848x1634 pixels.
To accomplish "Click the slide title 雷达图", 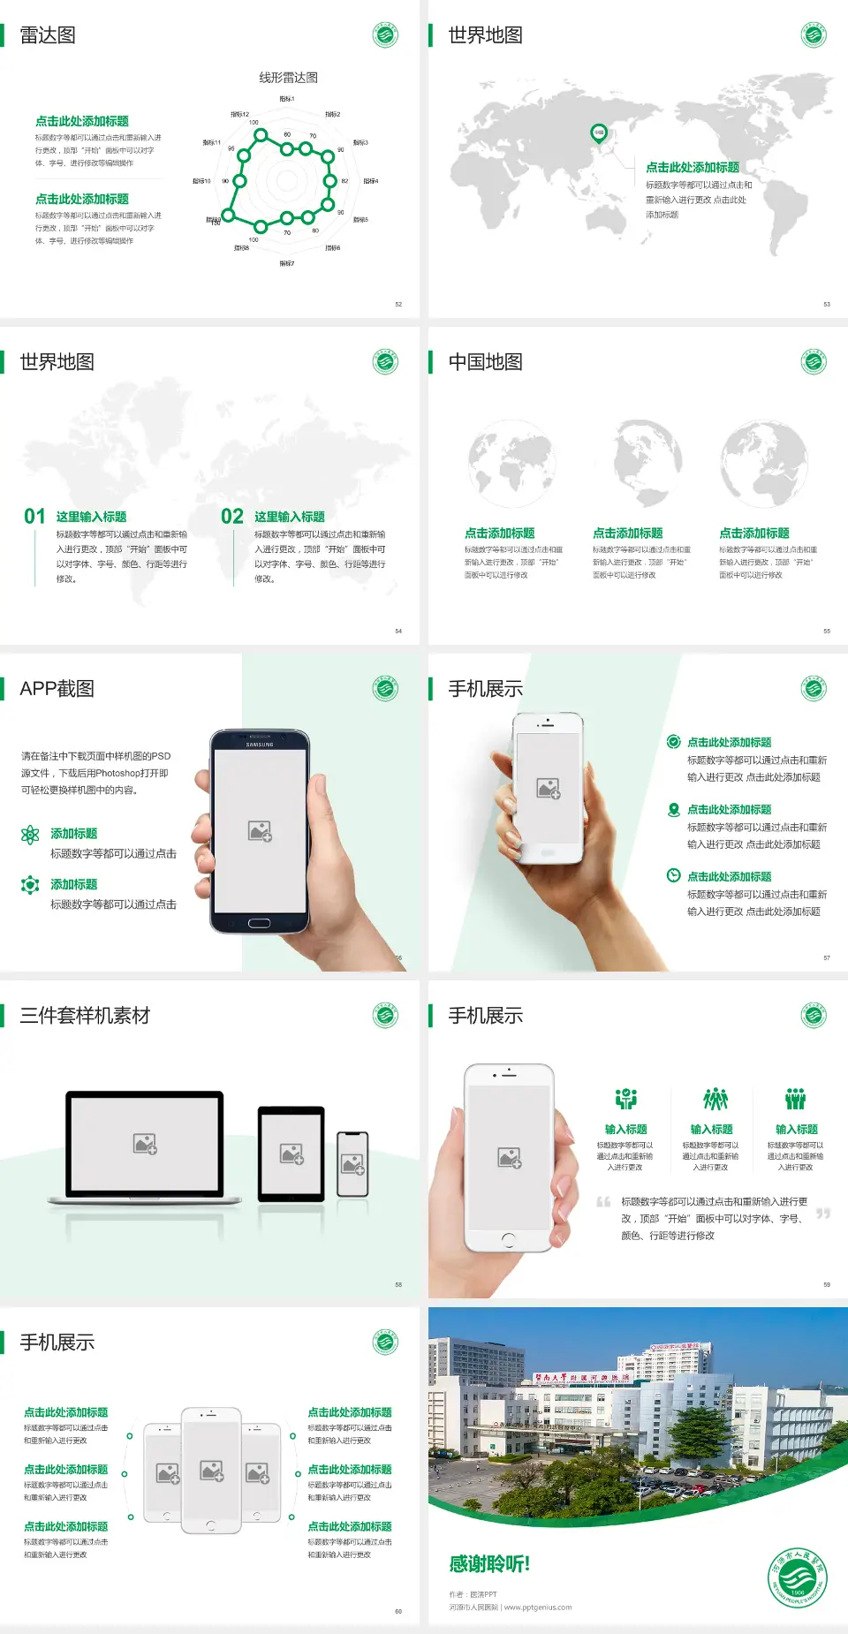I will coord(48,35).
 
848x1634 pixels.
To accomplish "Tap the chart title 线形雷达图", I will coord(288,78).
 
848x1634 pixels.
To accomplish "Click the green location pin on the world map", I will coord(598,133).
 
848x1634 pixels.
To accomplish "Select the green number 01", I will coord(34,517).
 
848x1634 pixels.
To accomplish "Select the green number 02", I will coord(232,517).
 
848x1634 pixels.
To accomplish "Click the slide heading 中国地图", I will coord(485,362).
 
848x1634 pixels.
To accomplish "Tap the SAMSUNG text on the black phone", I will coord(260,745).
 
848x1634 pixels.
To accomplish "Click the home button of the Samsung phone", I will coord(259,923).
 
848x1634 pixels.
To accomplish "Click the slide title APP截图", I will coord(57,689).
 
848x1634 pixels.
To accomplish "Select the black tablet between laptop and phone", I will coord(291,1154).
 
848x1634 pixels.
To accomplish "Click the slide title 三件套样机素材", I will coord(85,1016).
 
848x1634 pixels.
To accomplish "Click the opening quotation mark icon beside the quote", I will coord(603,1202).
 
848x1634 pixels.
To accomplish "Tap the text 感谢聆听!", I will coord(489,1564).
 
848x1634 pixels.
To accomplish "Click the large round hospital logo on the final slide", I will coord(797,1577).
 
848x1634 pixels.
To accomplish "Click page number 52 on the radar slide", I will coord(398,304).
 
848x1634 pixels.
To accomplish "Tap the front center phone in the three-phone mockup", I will coord(211,1470).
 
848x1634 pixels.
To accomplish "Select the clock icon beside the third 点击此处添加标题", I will coord(673,875).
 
